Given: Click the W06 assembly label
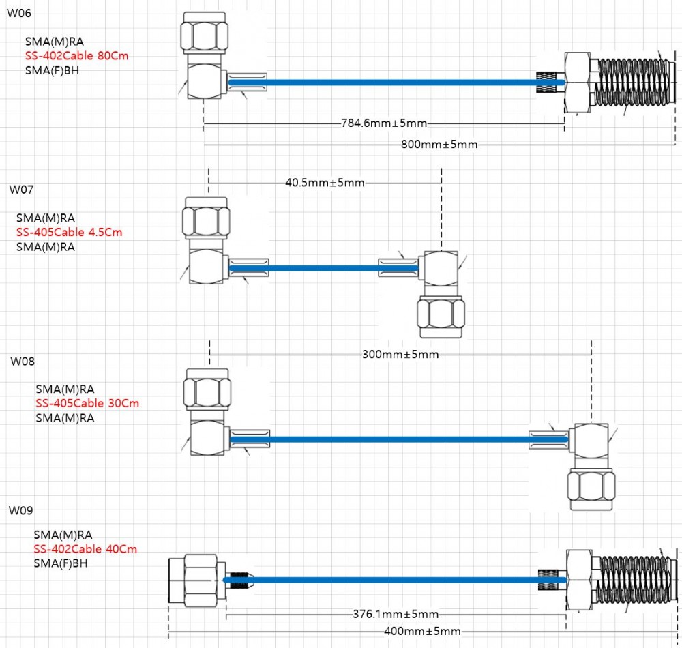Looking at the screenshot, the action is pos(19,13).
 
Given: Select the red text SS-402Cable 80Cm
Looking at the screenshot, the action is pos(76,56).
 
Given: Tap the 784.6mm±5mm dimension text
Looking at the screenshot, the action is pos(384,123).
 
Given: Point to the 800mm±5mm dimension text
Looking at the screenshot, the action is pos(439,145).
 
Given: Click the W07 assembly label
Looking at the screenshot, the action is pos(21,190).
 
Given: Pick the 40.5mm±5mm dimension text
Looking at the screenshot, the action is pos(325,183).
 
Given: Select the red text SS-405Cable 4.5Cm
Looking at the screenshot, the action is pos(69,232).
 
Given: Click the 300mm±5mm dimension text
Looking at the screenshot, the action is pos(400,355).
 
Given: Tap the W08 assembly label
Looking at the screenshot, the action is pos(23,362).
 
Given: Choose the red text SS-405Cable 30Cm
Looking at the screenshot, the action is pos(87,403).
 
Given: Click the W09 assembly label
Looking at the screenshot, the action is pos(21,510).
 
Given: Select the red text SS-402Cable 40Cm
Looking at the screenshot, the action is pos(85,549).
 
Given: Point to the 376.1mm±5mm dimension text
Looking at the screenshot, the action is pos(396,614).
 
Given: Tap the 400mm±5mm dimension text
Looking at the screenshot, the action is pos(422,631).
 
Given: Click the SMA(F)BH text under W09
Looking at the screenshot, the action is pos(61,563).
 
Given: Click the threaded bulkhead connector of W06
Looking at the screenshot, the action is pos(619,83).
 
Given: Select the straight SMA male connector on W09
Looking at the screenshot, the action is pos(197,580).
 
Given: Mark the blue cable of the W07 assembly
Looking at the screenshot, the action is pos(323,268).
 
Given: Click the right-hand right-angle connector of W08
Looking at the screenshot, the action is pos(591,465).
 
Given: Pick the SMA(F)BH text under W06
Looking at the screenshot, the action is pos(52,70).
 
